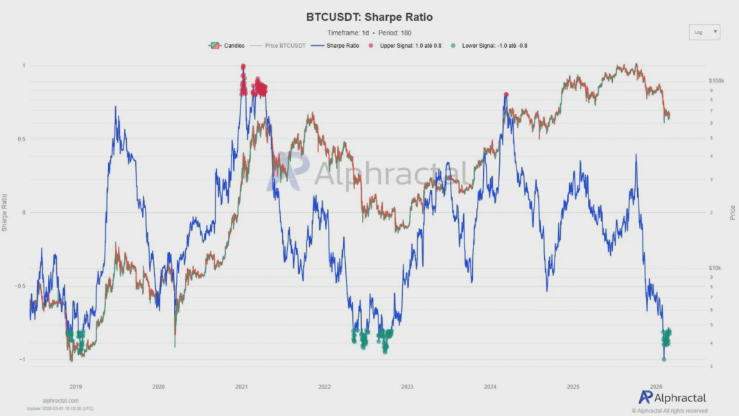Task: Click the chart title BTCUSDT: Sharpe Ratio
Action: [369, 17]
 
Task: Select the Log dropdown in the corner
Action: [704, 32]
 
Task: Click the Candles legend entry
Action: [227, 46]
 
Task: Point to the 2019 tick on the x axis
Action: [76, 386]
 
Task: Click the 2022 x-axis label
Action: [324, 386]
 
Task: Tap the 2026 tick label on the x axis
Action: [656, 386]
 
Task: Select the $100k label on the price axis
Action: [716, 81]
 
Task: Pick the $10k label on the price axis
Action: [715, 268]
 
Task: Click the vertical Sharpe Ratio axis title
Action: [6, 212]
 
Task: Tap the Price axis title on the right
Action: [732, 212]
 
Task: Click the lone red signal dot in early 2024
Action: [506, 94]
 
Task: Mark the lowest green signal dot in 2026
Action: [664, 359]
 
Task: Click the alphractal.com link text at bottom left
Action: [60, 401]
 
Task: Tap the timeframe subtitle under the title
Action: [369, 33]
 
